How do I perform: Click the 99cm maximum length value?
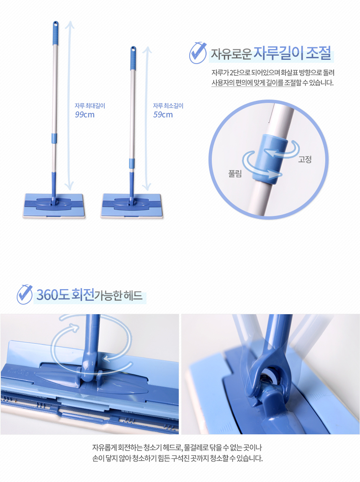pos(85,115)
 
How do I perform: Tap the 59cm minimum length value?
pos(163,115)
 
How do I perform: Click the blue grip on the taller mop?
pos(55,33)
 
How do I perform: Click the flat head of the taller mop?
pos(54,205)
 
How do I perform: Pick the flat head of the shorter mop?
pos(132,205)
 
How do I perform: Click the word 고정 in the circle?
pos(305,159)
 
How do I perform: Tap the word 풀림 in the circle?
pos(235,174)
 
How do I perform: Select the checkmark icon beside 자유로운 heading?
pos(198,53)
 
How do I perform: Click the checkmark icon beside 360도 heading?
pos(25,294)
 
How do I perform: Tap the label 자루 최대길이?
pos(90,106)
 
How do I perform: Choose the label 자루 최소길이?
pos(168,106)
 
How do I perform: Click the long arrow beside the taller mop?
pos(69,105)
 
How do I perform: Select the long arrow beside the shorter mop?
pos(147,117)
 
